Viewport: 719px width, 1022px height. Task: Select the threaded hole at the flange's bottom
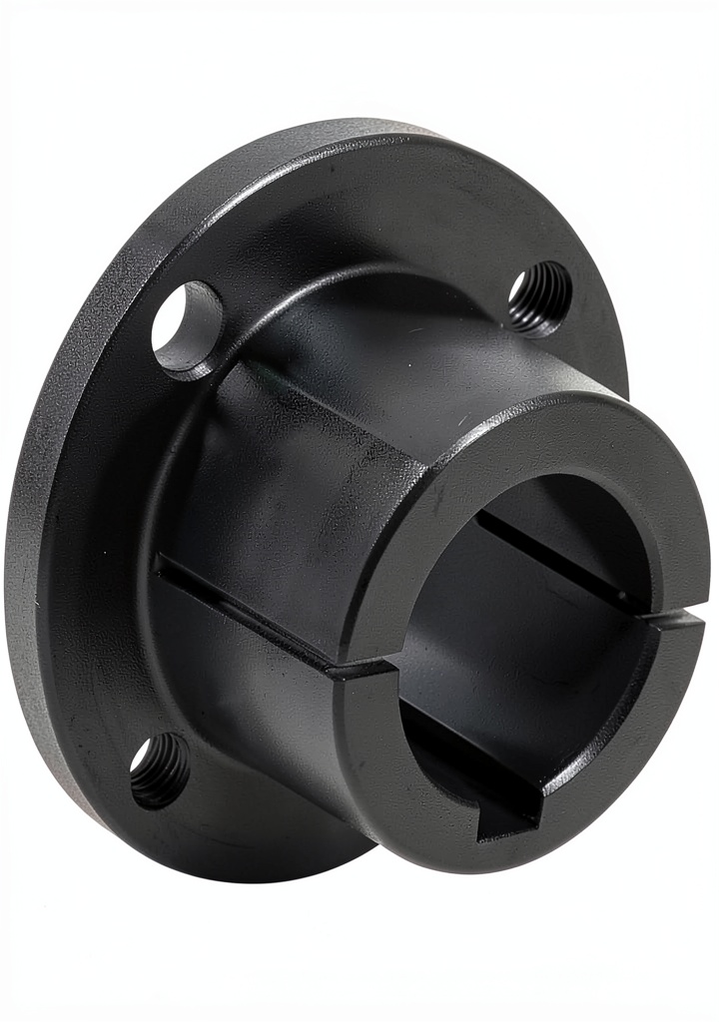(160, 768)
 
